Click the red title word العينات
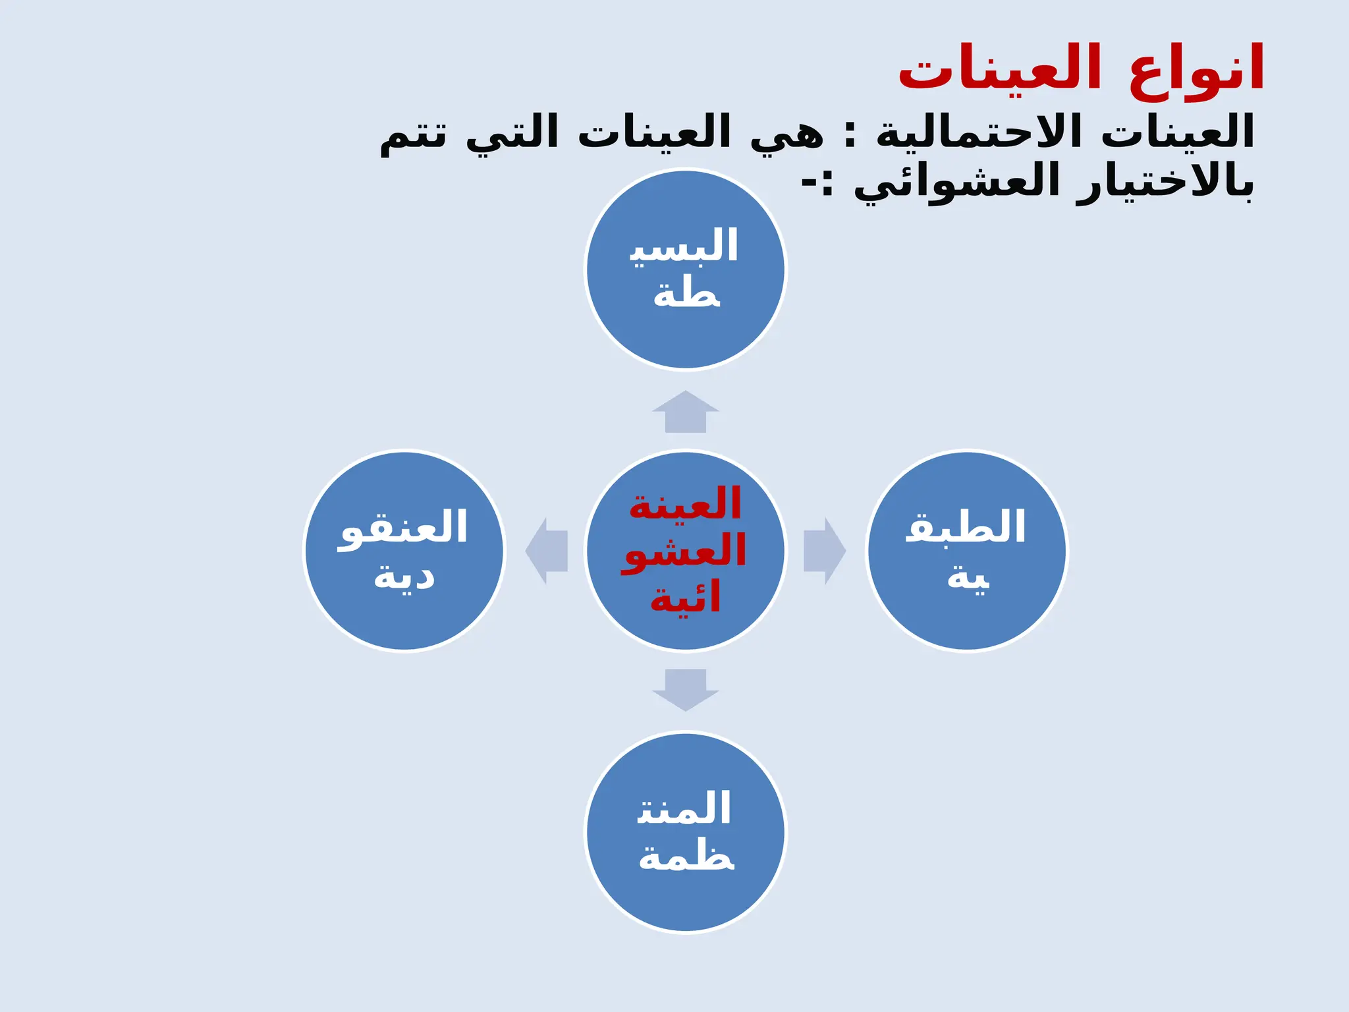1000,69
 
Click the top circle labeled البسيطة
686,269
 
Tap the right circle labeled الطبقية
966,551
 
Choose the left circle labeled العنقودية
404,551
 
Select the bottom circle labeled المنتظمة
686,832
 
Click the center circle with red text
686,551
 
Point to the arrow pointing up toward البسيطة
686,412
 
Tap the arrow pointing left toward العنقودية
547,551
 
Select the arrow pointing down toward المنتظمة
686,689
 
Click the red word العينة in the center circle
686,503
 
